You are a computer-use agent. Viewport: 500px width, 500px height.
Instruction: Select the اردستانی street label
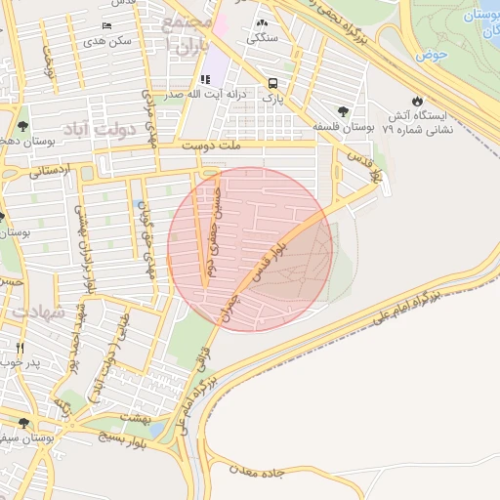point(49,169)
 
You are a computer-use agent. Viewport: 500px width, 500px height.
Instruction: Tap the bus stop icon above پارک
point(274,82)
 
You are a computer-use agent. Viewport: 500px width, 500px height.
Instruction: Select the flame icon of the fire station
point(418,100)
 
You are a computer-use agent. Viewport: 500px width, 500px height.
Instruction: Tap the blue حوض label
point(430,56)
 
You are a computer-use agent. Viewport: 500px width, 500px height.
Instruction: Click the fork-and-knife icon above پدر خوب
point(20,347)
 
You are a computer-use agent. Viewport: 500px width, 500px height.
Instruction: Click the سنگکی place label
point(261,38)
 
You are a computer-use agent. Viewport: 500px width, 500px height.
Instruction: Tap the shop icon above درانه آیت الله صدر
point(204,79)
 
